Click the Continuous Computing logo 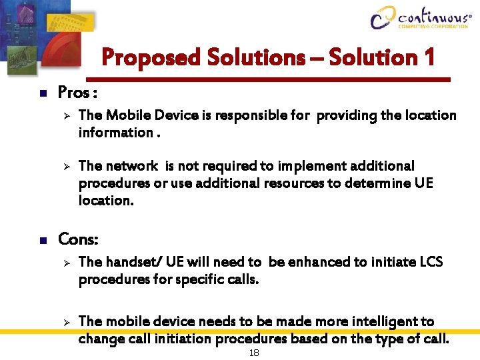420,17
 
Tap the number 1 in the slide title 427,57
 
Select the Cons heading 79,238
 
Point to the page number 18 253,353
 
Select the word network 131,165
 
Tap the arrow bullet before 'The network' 66,165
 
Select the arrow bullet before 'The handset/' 66,263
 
